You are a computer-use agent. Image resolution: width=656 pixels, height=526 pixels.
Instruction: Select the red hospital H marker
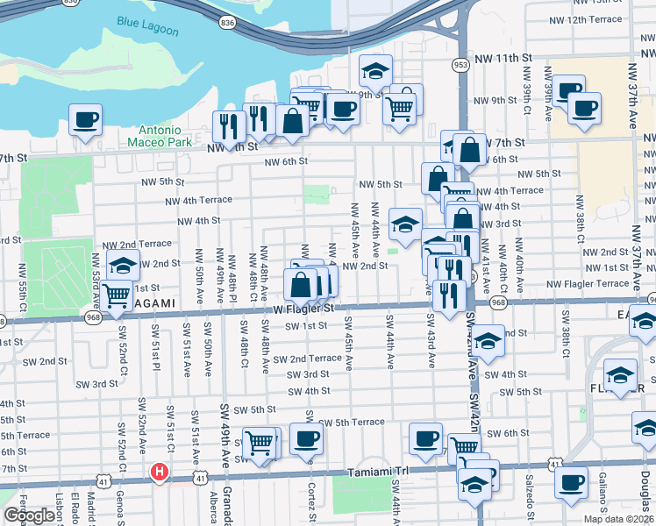[160, 473]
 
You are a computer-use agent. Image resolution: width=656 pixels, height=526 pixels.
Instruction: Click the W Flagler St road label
[303, 309]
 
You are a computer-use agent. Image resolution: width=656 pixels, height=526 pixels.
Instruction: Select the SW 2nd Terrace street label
[307, 359]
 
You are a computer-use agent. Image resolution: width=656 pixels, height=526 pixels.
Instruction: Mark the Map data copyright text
[618, 519]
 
